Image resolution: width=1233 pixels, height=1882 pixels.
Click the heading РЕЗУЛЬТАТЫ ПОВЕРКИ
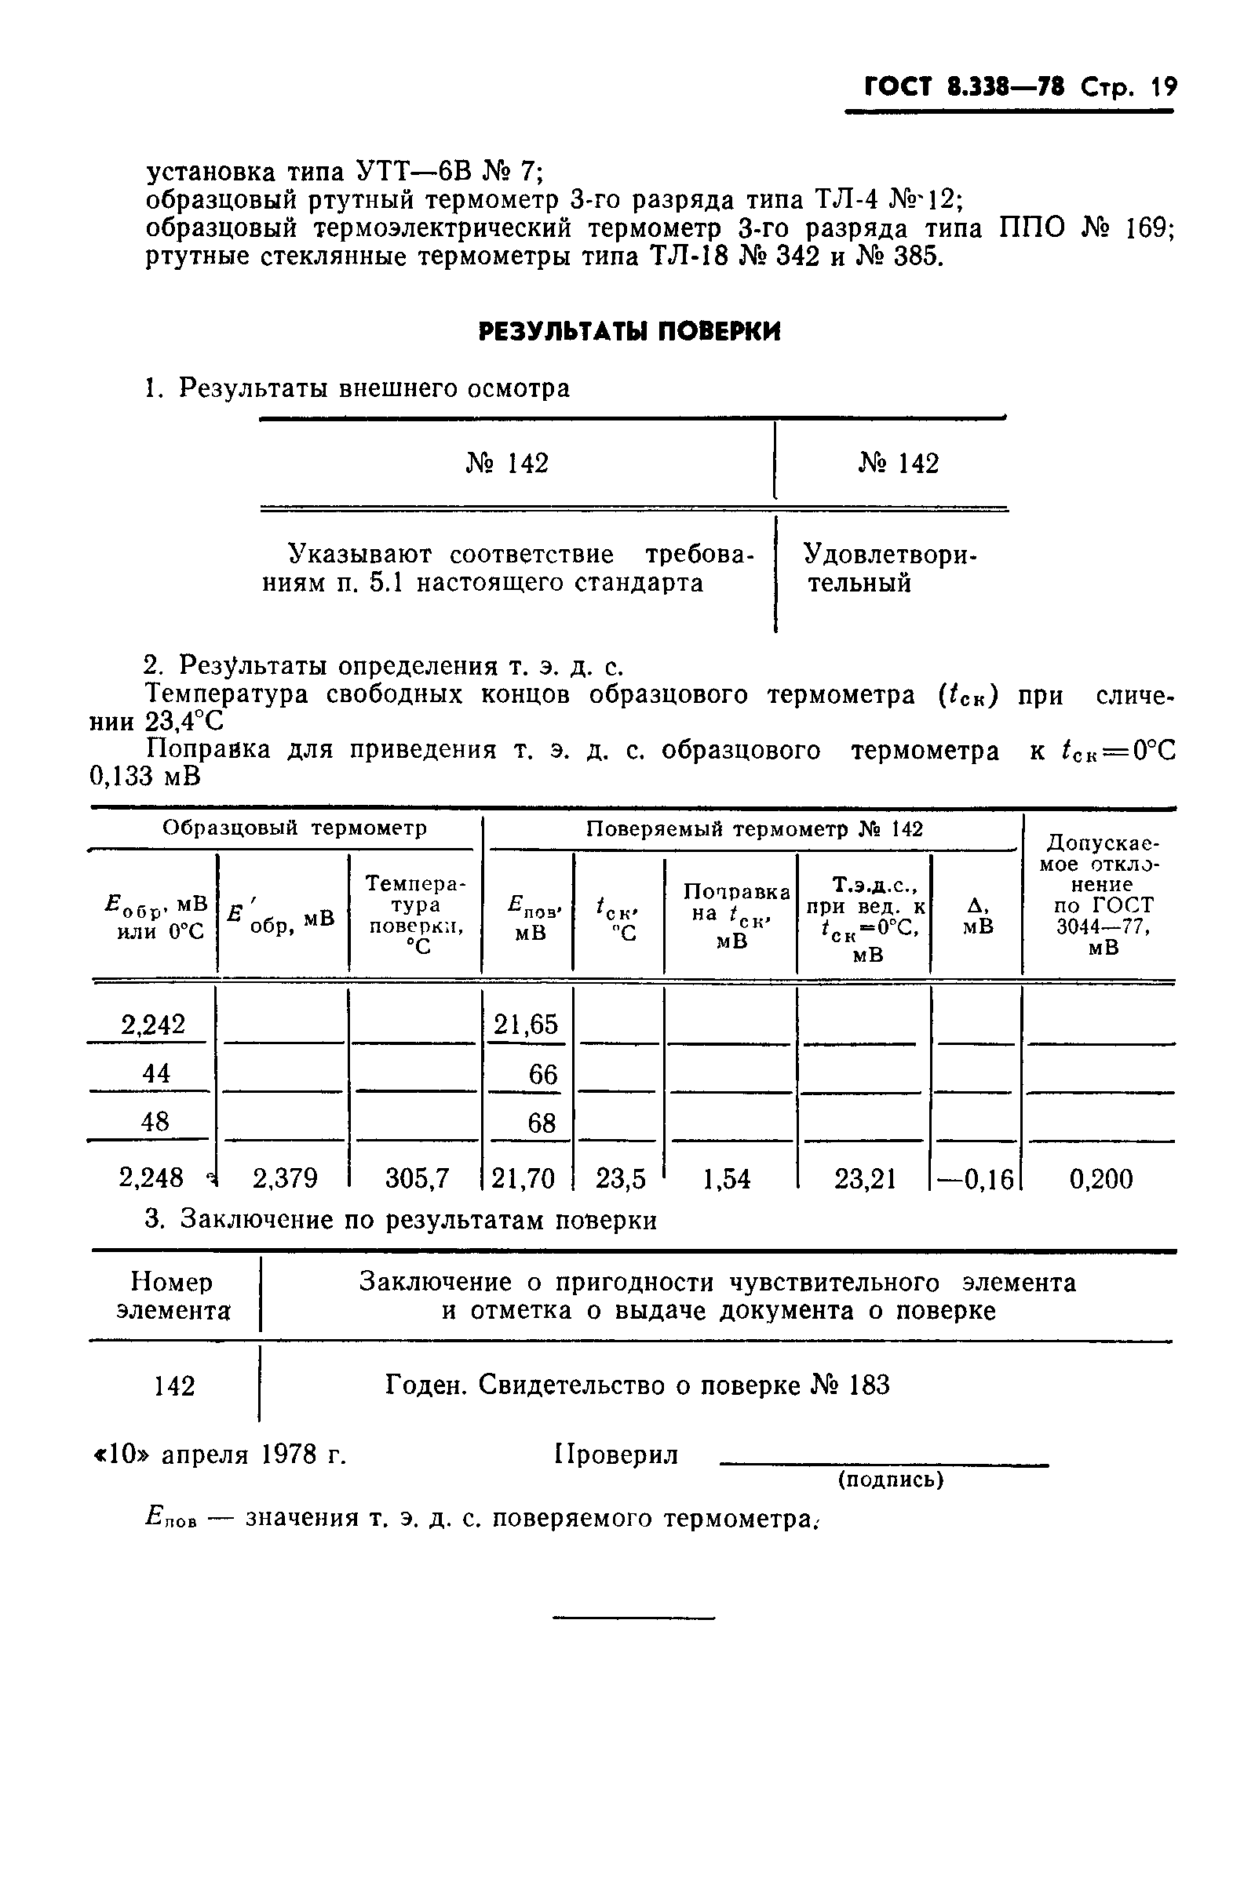629,331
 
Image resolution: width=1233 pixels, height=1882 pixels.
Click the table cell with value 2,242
152,1024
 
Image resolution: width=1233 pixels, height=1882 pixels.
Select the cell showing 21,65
526,1024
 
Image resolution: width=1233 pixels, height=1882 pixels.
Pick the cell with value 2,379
285,1179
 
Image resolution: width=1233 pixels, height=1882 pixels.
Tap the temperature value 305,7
417,1179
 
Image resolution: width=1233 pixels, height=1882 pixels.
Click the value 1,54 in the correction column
726,1179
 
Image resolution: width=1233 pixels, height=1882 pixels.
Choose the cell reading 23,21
865,1179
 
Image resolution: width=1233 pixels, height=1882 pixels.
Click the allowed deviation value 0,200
1101,1179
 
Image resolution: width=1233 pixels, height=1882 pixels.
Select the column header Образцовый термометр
294,828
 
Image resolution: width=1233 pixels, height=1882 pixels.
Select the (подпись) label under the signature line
891,1480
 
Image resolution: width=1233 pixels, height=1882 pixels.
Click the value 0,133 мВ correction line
144,777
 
